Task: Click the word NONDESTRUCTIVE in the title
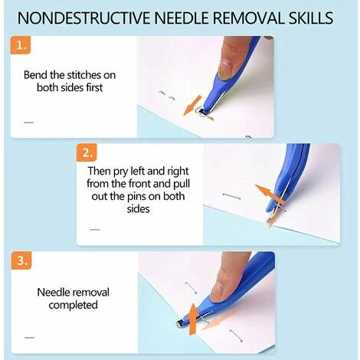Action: pyautogui.click(x=83, y=18)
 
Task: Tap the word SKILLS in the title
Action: pyautogui.click(x=311, y=18)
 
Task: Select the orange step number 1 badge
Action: pyautogui.click(x=21, y=45)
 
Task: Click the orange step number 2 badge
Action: pyautogui.click(x=87, y=152)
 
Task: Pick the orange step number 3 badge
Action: pyautogui.click(x=21, y=260)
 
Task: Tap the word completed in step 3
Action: pyautogui.click(x=74, y=306)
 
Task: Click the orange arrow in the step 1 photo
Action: pyautogui.click(x=192, y=106)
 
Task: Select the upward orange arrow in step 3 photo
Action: pyautogui.click(x=194, y=319)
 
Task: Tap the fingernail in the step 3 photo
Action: pyautogui.click(x=216, y=290)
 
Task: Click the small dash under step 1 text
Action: pyautogui.click(x=29, y=123)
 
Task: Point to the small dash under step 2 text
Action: pyautogui.click(x=95, y=230)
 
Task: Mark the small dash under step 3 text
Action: pyautogui.click(x=29, y=338)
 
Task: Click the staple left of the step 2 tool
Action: pyautogui.click(x=231, y=196)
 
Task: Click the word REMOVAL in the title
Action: pyautogui.click(x=247, y=18)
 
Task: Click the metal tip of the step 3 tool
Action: pyautogui.click(x=182, y=324)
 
